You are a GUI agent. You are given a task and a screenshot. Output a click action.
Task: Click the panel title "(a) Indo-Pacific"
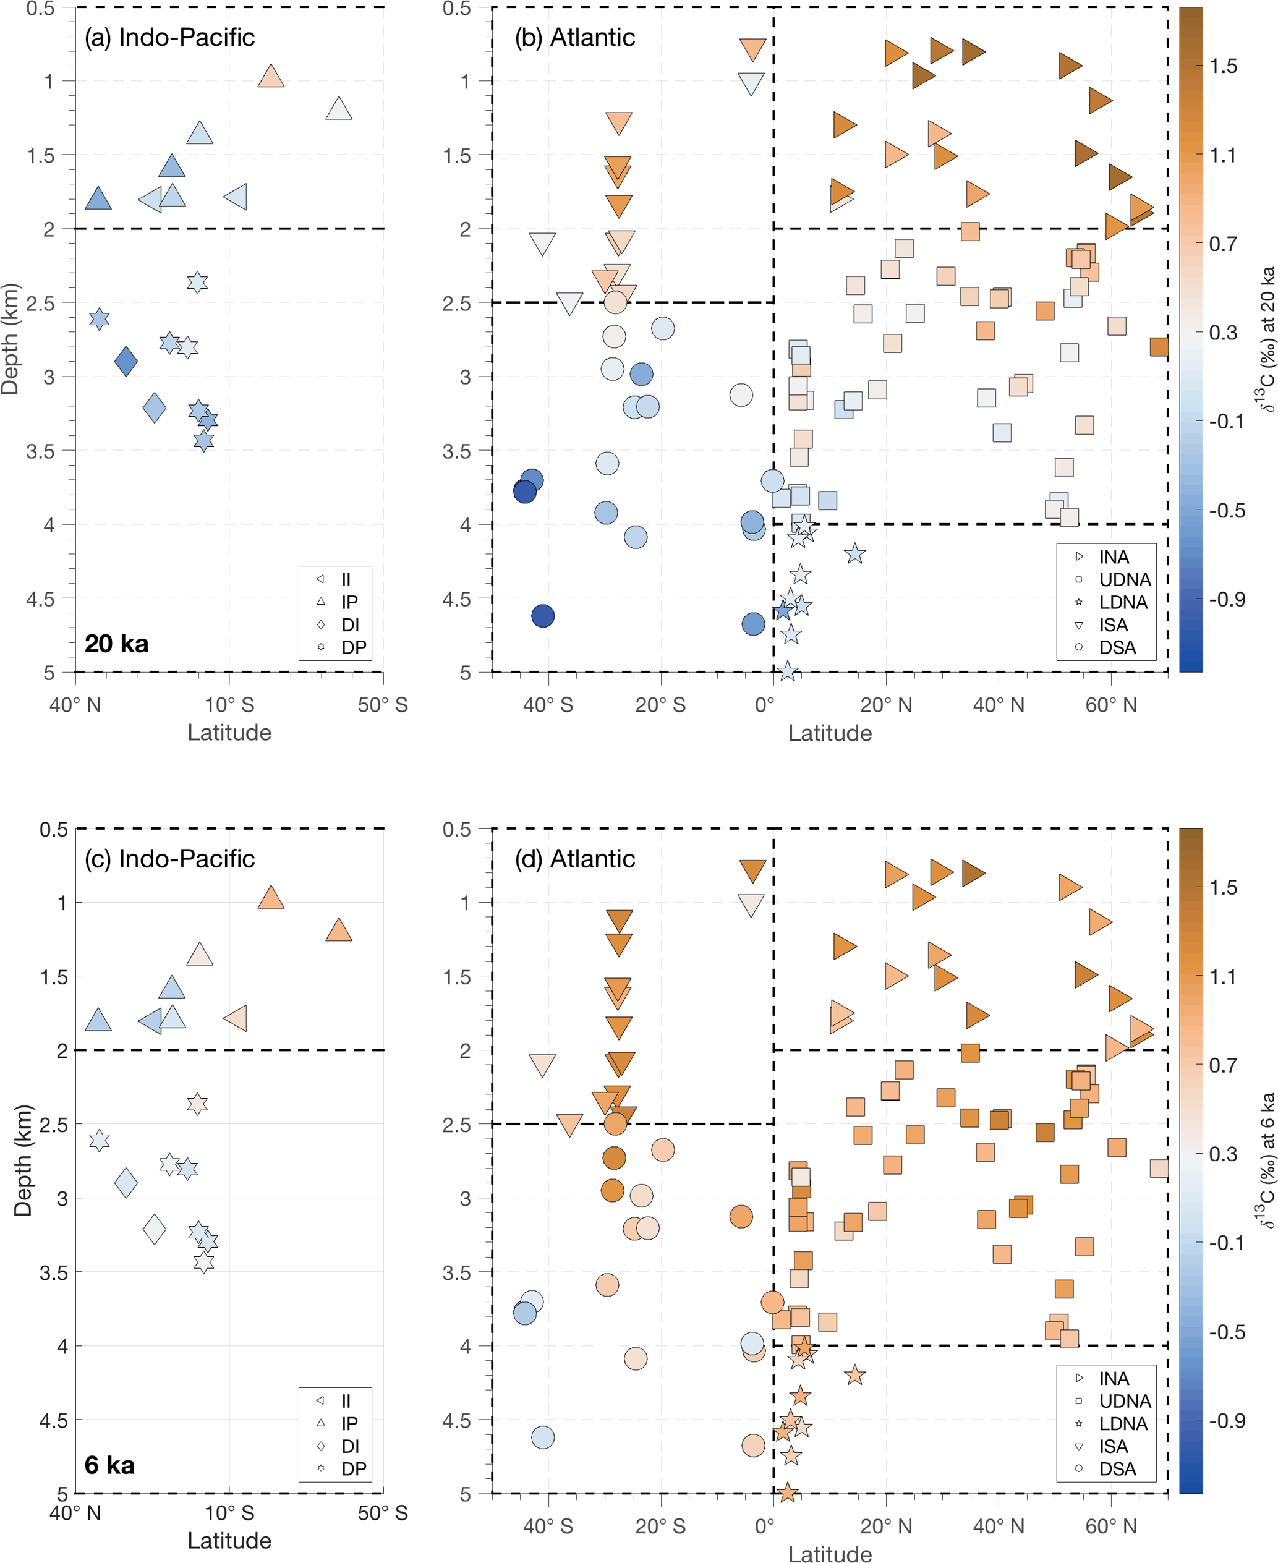(169, 38)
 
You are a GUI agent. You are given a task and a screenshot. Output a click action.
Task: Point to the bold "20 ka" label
(116, 644)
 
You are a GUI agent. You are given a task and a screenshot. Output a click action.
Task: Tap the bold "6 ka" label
(109, 1465)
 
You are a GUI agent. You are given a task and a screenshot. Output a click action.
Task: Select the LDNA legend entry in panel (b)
(1123, 602)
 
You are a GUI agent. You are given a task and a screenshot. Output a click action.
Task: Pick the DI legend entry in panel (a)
(350, 625)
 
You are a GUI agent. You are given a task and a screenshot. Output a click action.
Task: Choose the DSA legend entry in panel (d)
(1117, 1469)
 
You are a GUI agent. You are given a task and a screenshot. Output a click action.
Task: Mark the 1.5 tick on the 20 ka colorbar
(1223, 66)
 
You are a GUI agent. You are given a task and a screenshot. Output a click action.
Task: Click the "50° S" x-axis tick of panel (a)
(382, 705)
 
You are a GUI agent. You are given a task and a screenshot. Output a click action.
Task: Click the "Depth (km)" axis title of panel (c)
(23, 1161)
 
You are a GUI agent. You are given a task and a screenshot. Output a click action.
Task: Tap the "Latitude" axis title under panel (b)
(830, 733)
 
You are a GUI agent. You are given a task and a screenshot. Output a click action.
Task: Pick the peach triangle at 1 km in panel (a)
(271, 76)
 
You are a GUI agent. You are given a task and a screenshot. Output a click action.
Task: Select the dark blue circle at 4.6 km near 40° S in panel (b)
(543, 615)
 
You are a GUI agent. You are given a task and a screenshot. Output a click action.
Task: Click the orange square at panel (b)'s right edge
(1159, 347)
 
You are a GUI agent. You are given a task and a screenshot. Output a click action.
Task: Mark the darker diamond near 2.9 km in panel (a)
(126, 360)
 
